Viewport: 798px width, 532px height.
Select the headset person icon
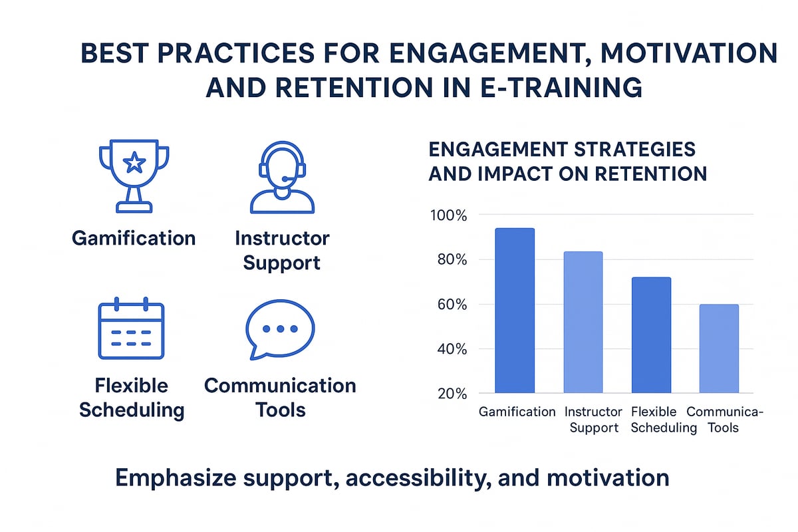pyautogui.click(x=281, y=177)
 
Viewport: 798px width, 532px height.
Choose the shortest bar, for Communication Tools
pyautogui.click(x=719, y=348)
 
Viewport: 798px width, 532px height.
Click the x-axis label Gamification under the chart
pyautogui.click(x=517, y=412)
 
